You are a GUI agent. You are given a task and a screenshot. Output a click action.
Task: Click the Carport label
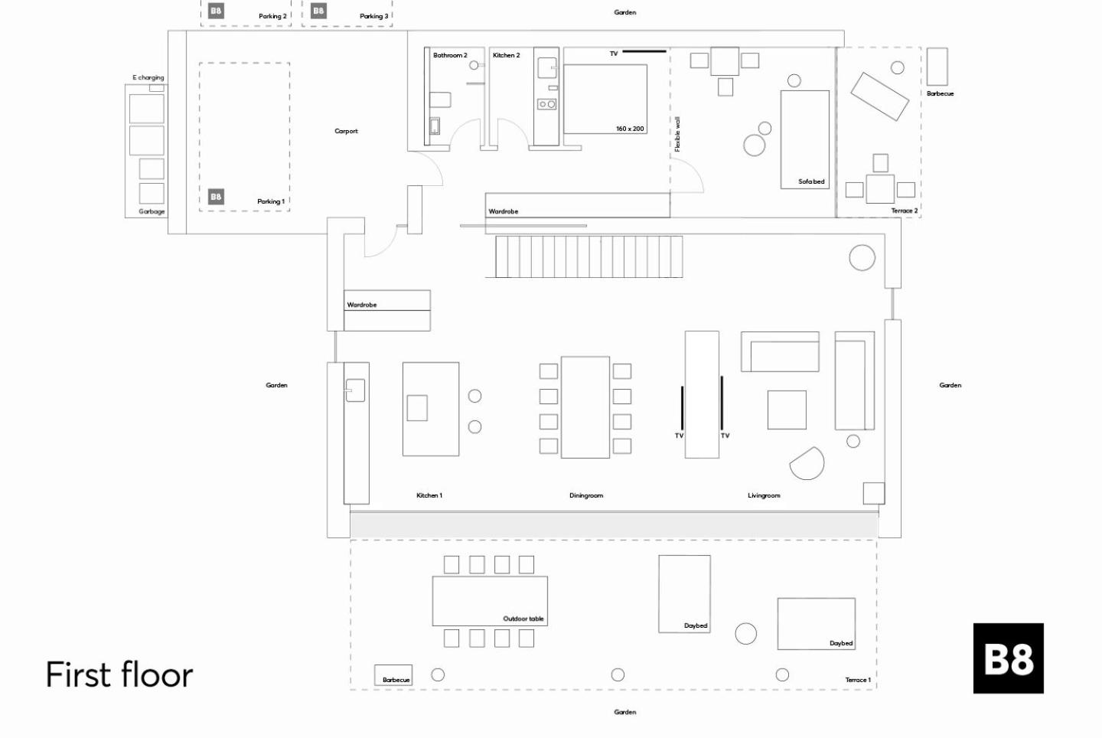[346, 131]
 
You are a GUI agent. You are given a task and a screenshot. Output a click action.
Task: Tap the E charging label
[148, 78]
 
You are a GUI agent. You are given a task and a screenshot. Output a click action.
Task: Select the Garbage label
[152, 211]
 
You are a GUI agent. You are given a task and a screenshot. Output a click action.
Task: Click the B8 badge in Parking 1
[216, 197]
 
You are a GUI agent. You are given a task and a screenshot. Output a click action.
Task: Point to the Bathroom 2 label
[450, 55]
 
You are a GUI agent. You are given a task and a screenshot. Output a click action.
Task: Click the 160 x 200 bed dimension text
[630, 129]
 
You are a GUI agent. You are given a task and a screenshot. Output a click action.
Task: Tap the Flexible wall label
[677, 134]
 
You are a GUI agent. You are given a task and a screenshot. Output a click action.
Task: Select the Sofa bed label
[811, 181]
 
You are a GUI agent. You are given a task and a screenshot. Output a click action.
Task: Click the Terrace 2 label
[905, 211]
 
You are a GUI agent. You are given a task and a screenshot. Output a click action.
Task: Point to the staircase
[589, 256]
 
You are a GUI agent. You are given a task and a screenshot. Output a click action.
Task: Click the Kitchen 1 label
[429, 495]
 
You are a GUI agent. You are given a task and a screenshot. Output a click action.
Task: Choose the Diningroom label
[586, 495]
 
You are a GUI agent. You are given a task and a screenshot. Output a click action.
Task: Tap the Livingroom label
[764, 495]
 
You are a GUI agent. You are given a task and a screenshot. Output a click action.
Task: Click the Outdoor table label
[523, 619]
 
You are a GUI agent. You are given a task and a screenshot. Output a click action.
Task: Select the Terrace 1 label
[858, 680]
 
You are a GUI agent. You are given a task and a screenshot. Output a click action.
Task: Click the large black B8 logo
[1008, 658]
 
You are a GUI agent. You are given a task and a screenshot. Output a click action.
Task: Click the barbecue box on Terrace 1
[393, 675]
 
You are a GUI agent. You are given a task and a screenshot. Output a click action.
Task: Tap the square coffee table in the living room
[787, 410]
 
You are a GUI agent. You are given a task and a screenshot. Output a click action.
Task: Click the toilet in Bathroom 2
[440, 100]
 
